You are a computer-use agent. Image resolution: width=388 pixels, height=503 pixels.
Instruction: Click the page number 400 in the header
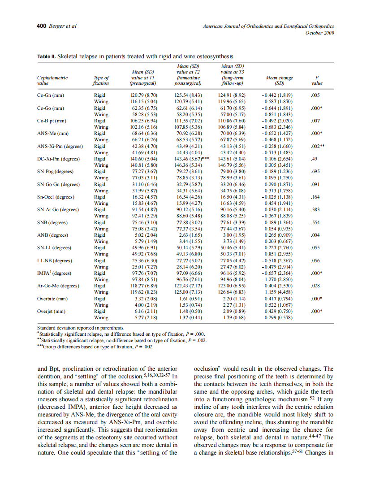tap(41, 26)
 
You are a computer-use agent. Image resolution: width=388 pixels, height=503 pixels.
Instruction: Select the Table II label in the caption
tap(46, 56)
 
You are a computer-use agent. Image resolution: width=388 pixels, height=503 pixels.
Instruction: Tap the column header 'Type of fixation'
tap(101, 81)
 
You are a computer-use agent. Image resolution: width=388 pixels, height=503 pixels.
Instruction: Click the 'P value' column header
tap(317, 81)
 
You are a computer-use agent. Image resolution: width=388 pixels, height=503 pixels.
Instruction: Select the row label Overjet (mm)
tap(52, 311)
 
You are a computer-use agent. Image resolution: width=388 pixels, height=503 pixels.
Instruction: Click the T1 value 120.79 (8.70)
tap(143, 95)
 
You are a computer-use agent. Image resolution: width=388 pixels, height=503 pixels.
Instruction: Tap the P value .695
tap(316, 172)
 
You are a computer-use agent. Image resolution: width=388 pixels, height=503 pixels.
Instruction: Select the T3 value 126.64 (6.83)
tap(232, 292)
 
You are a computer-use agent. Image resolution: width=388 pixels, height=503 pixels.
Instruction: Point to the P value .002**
tap(317, 146)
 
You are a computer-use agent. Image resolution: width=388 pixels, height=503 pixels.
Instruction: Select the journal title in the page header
tap(268, 26)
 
